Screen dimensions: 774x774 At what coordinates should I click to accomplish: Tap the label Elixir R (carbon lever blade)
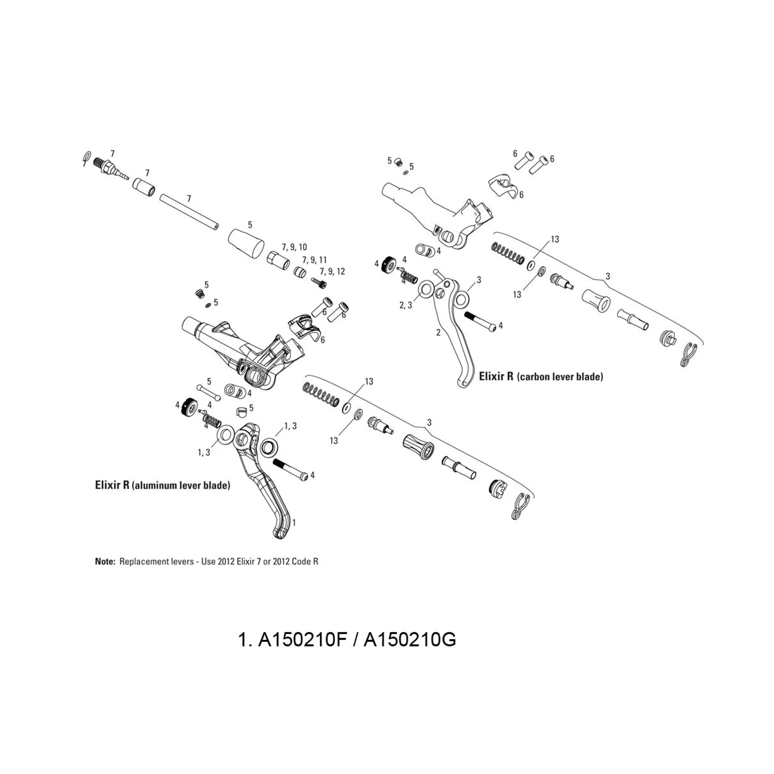pos(541,377)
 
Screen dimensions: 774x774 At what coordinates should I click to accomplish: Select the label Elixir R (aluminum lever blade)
pos(162,485)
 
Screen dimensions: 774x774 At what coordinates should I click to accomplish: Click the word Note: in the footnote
pos(105,561)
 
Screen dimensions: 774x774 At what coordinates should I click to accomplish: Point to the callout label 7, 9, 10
pos(294,247)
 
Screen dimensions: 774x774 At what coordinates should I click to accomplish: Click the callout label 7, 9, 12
pos(332,271)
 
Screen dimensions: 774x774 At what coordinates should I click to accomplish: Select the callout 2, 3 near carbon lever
pos(406,305)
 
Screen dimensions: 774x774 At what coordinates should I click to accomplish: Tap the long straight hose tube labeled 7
pos(189,212)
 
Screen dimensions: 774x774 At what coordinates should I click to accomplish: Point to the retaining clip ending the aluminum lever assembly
pos(520,506)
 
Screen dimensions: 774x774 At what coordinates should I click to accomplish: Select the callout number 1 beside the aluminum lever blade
pos(294,523)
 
